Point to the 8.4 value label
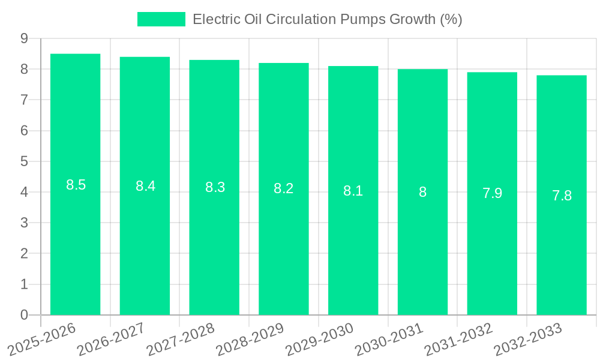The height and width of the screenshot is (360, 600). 145,186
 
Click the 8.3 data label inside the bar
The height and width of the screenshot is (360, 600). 215,187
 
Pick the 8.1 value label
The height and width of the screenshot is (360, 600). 353,191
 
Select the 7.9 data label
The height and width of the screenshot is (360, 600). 492,193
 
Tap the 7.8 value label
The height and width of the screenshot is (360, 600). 562,196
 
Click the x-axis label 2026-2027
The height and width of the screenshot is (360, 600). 112,339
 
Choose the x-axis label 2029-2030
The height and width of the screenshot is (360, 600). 320,339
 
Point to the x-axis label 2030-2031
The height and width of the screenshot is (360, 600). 389,339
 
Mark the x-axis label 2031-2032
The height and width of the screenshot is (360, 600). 458,339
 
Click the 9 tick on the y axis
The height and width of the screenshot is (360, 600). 24,38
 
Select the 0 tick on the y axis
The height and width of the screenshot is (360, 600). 24,315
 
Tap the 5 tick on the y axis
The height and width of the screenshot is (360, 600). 24,161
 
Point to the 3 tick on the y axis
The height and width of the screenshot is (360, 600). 24,223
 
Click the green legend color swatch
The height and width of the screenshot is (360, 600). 161,19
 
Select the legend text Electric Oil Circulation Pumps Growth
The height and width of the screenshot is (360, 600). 327,19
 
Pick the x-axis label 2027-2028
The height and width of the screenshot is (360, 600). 181,339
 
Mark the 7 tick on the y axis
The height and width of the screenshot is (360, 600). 24,100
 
